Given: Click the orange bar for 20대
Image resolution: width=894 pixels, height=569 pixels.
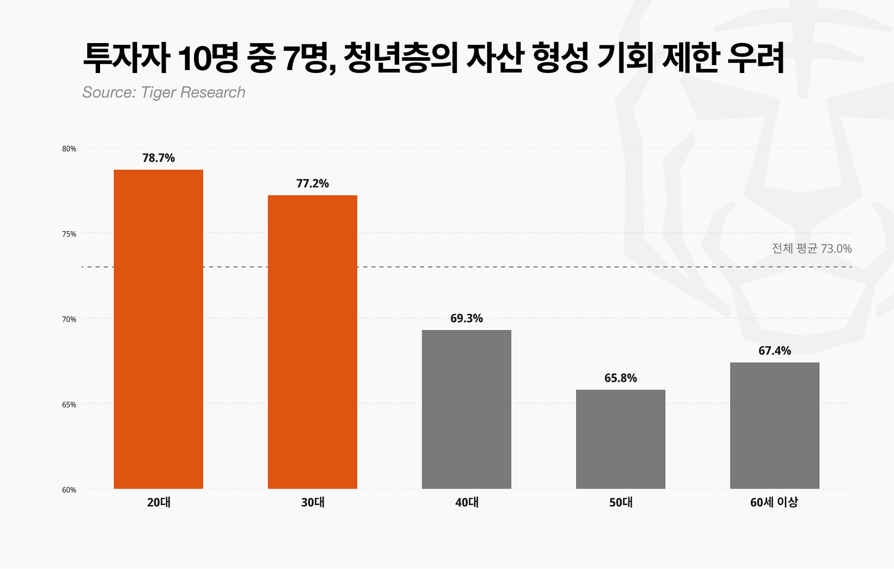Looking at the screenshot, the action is pyautogui.click(x=158, y=329).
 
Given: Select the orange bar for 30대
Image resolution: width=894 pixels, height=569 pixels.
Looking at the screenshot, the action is pyautogui.click(x=313, y=342).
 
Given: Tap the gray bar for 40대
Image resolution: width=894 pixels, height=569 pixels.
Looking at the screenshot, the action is pyautogui.click(x=467, y=409).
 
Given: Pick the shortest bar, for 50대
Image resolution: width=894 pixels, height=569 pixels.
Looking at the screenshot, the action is pyautogui.click(x=621, y=439).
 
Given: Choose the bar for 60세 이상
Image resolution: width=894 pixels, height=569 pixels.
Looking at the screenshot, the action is pyautogui.click(x=775, y=426).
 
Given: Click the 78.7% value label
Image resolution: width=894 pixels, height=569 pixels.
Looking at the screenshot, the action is pyautogui.click(x=158, y=158).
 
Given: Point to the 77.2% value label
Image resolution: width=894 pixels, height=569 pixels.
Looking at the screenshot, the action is pyautogui.click(x=313, y=184).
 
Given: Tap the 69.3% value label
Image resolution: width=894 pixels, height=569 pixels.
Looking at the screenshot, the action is pyautogui.click(x=467, y=318).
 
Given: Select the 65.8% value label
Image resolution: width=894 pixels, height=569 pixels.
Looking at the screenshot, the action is pyautogui.click(x=621, y=378).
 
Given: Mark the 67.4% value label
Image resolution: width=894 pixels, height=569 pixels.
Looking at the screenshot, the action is pyautogui.click(x=775, y=351).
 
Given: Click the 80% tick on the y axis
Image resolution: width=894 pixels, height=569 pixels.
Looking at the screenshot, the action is pyautogui.click(x=69, y=149).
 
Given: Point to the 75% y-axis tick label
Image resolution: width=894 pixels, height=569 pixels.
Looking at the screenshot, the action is pyautogui.click(x=69, y=234).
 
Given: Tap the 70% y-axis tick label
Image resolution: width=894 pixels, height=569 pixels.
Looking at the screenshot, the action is pyautogui.click(x=69, y=320).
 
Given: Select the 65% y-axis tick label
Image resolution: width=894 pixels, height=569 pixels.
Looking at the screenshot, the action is pyautogui.click(x=69, y=404).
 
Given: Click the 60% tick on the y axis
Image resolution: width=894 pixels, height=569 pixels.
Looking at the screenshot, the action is pyautogui.click(x=69, y=490).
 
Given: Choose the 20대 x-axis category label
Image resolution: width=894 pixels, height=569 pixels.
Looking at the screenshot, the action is pyautogui.click(x=158, y=502).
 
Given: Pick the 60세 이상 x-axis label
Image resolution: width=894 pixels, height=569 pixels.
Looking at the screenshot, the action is pyautogui.click(x=774, y=502).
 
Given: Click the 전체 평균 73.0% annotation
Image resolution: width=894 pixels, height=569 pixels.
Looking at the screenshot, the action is pyautogui.click(x=812, y=249).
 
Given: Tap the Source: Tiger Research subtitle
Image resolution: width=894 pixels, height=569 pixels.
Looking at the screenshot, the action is pyautogui.click(x=163, y=92).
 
